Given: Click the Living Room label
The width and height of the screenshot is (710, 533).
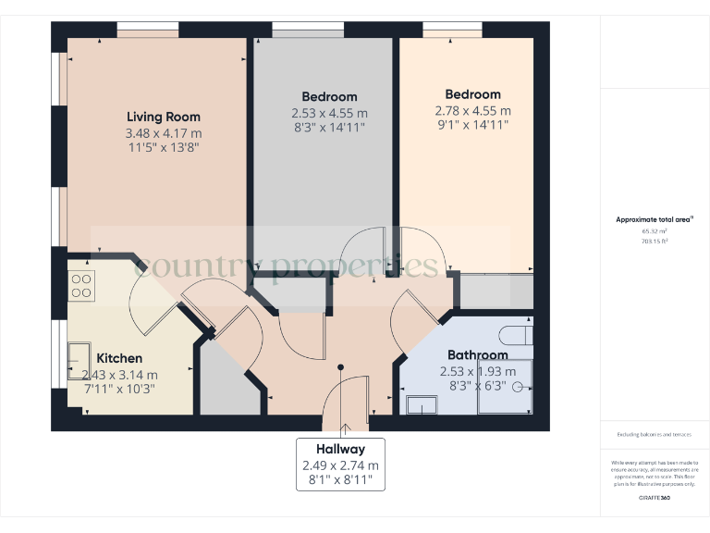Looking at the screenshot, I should click(x=163, y=117).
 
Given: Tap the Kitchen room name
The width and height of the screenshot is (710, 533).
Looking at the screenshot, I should click(x=119, y=358).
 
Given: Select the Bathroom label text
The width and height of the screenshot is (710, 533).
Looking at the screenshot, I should click(x=477, y=354).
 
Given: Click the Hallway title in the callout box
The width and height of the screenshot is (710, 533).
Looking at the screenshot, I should click(x=340, y=449).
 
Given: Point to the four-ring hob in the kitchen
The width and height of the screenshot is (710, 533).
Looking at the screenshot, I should click(x=81, y=285).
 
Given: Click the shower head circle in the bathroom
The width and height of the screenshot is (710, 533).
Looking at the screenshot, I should click(x=519, y=387).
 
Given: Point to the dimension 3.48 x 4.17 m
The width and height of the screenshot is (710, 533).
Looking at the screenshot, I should click(x=163, y=132).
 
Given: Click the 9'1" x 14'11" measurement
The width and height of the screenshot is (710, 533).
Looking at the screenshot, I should click(x=472, y=125).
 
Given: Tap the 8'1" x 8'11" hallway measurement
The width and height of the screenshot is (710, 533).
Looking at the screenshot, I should click(x=340, y=480).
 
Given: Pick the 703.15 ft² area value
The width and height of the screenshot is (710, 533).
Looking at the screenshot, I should click(x=655, y=241).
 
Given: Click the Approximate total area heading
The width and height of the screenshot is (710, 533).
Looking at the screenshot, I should click(x=655, y=219).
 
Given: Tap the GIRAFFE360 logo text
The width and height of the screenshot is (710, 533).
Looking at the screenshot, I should click(x=655, y=498).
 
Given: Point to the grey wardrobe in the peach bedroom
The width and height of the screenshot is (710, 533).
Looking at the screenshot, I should click(x=496, y=291).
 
